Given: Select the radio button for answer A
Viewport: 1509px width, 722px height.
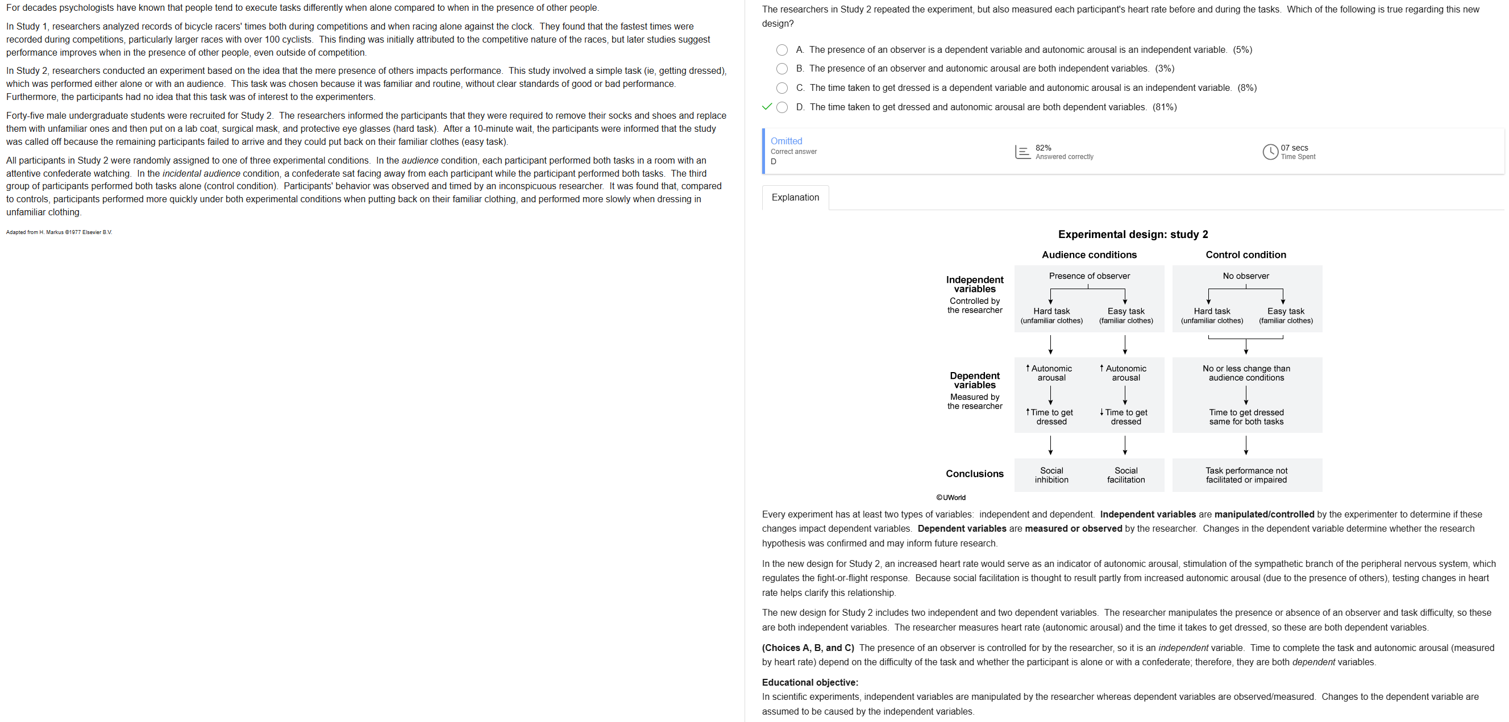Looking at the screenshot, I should [x=781, y=51].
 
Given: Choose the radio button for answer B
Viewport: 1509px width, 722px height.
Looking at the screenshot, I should [x=781, y=69].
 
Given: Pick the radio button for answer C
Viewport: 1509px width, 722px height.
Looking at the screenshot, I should [x=781, y=89].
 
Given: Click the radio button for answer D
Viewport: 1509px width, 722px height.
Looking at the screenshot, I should [x=781, y=107].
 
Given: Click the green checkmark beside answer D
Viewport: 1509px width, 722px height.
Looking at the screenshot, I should [x=767, y=107].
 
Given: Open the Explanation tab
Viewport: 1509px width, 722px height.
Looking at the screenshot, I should [x=795, y=197].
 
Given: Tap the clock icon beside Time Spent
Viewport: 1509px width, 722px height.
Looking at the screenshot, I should [x=1269, y=152].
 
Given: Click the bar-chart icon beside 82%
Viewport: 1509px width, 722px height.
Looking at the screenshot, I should [x=1022, y=152].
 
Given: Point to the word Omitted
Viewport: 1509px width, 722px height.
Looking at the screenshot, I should [x=786, y=141].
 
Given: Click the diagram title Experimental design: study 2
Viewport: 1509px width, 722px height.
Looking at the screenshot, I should [x=1132, y=234].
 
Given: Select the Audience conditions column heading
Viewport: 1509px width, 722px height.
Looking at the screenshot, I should [x=1089, y=254].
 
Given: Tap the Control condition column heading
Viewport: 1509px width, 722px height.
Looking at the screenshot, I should [x=1245, y=254].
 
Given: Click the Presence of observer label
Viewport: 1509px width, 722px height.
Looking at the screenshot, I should [x=1089, y=276].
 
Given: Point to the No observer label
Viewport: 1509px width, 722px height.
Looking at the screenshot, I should [x=1245, y=276].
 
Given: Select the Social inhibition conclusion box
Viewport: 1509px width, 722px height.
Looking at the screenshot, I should [x=1051, y=475].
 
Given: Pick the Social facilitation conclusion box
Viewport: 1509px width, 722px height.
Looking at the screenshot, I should [x=1125, y=475].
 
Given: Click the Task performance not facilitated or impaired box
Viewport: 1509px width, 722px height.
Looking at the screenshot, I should [x=1246, y=475].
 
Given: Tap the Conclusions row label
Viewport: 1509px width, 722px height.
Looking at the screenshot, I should [x=974, y=474].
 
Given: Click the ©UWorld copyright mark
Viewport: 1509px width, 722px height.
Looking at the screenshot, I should [x=951, y=498].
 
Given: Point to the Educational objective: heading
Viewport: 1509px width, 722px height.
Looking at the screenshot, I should [x=809, y=682].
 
